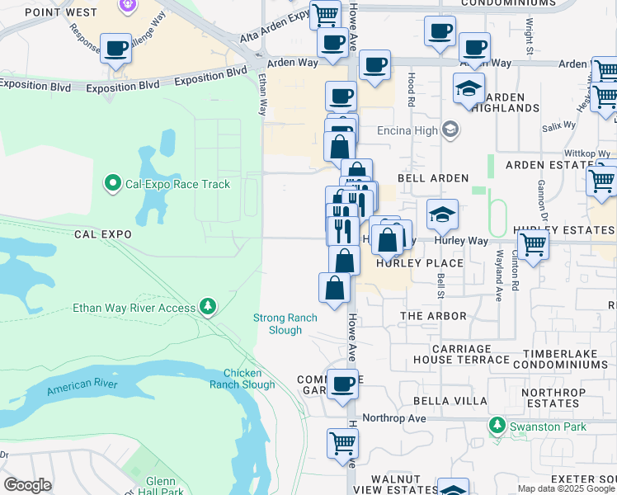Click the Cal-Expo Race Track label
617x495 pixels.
coord(177,184)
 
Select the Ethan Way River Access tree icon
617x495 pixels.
coord(208,308)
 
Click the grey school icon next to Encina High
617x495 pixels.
coord(450,130)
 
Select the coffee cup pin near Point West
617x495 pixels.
coord(115,48)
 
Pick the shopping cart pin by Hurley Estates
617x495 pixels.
coord(534,244)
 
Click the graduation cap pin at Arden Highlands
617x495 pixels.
coord(469,87)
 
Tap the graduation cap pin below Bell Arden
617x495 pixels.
coord(442,214)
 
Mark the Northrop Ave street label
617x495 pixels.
coord(393,418)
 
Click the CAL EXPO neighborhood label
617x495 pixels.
coord(102,234)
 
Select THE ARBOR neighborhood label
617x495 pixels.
coord(433,316)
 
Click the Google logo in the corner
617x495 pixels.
coord(27,485)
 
